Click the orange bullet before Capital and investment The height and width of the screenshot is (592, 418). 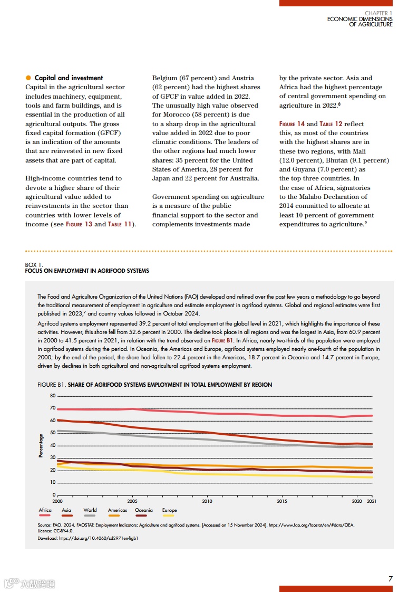(28, 78)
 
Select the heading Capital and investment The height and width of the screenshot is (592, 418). (69, 78)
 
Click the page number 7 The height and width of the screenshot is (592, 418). (390, 579)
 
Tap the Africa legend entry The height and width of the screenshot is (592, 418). (45, 510)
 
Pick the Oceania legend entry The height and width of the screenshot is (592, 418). (143, 510)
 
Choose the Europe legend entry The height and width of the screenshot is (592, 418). (169, 510)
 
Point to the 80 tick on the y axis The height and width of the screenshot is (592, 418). (53, 396)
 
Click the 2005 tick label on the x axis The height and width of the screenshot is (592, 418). (132, 501)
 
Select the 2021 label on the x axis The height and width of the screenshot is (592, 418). (372, 501)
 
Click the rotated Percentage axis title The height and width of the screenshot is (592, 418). (41, 445)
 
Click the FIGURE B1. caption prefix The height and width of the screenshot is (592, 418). (52, 385)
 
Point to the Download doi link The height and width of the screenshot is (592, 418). (88, 539)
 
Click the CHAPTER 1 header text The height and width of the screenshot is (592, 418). (378, 13)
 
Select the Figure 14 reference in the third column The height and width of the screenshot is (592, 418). (292, 124)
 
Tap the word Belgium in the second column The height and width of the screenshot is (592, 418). (164, 78)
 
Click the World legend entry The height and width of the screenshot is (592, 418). (90, 510)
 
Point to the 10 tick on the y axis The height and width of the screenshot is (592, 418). (53, 482)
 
